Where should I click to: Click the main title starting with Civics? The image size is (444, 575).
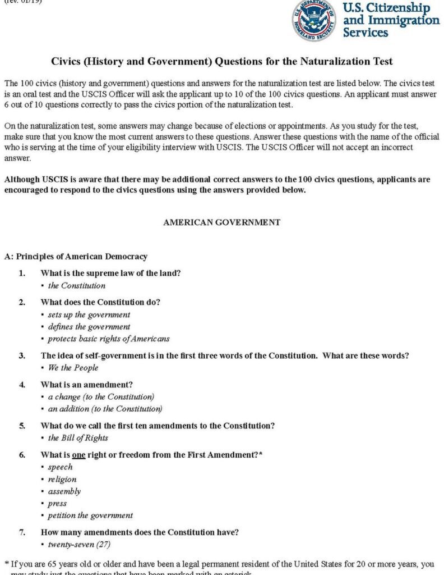[221, 61]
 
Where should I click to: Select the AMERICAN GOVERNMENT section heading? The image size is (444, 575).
[221, 222]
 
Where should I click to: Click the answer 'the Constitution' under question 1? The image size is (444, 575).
[76, 285]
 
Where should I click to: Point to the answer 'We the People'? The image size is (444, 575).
[73, 368]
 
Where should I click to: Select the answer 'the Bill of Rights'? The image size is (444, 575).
[78, 438]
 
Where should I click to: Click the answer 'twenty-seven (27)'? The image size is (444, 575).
[80, 545]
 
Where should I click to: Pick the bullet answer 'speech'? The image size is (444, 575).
[60, 467]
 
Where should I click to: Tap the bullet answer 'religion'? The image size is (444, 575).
[62, 480]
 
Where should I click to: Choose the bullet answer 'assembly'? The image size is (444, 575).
[64, 491]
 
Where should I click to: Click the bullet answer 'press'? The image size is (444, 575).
[57, 504]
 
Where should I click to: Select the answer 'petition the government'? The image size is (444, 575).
[90, 515]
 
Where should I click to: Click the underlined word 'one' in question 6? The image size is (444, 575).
[78, 455]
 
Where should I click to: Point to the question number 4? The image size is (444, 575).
[22, 385]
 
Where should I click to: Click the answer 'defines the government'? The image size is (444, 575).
[89, 327]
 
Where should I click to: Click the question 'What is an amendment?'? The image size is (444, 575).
[86, 385]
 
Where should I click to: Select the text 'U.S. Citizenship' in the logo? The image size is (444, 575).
[386, 8]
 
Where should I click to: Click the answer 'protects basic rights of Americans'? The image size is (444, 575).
[108, 339]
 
